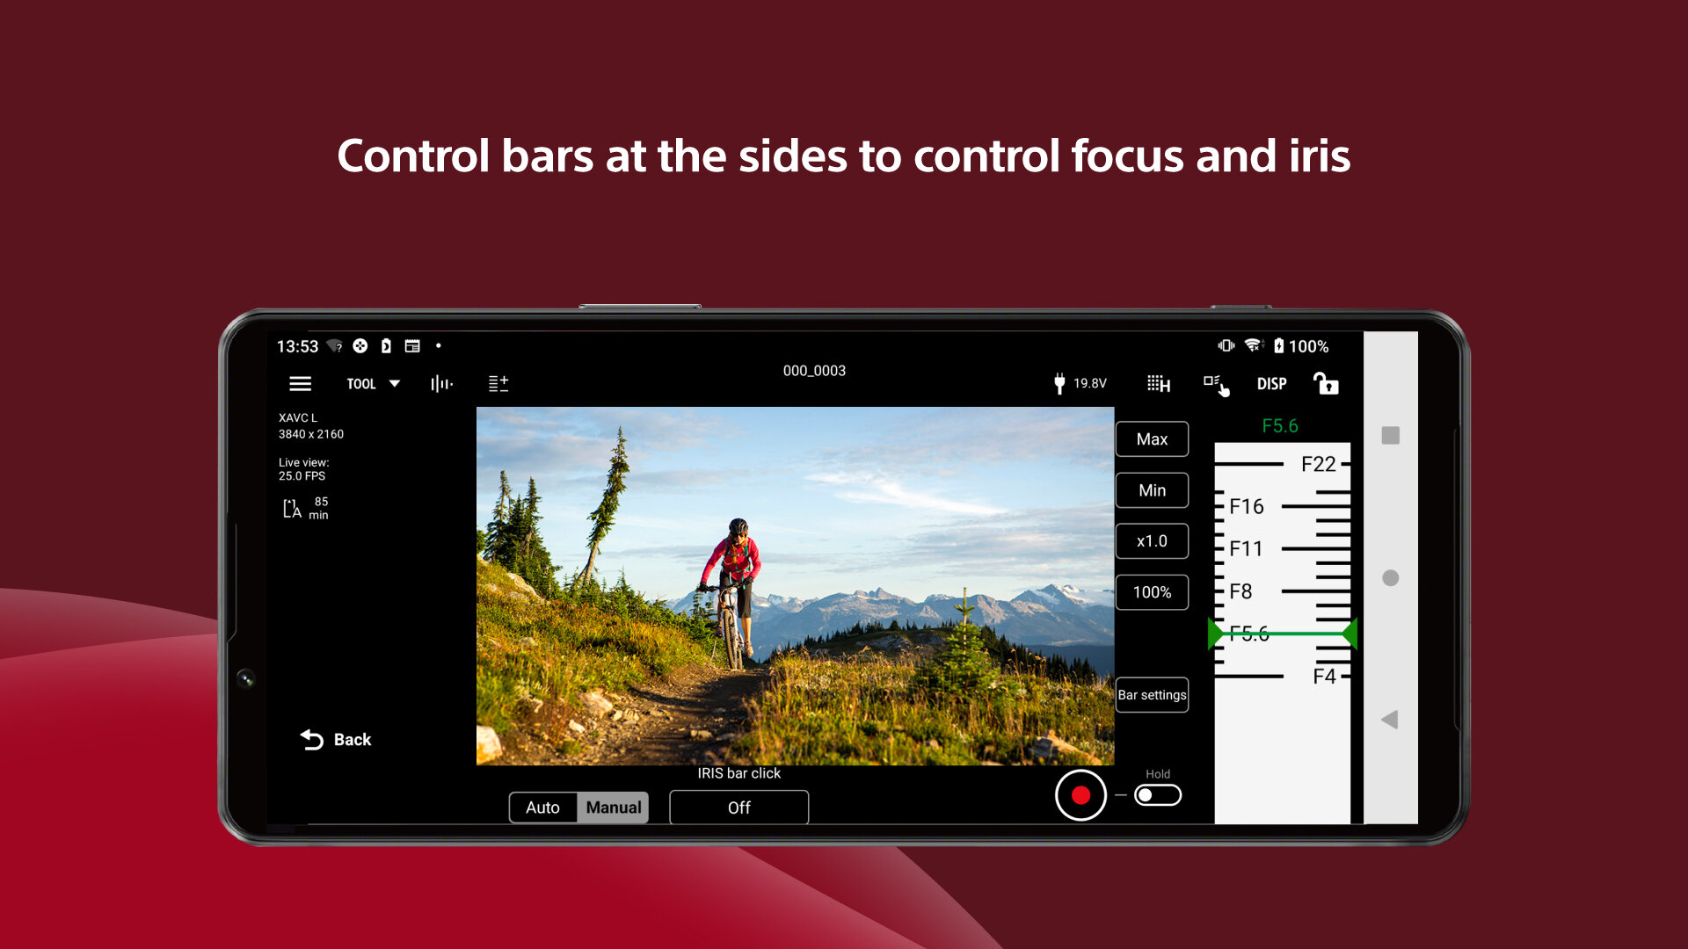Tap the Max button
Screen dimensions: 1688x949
(1152, 439)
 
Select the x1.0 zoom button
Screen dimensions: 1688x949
(1152, 541)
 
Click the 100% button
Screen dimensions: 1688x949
(1152, 592)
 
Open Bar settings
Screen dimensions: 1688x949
(1152, 695)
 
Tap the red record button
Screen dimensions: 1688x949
(1080, 795)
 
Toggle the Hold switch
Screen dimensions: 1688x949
(1157, 795)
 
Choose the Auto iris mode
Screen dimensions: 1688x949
(542, 808)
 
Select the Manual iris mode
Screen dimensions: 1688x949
(613, 808)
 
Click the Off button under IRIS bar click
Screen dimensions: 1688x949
(738, 808)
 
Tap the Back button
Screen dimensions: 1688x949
(336, 740)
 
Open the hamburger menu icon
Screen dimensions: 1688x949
(301, 384)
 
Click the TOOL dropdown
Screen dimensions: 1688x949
(373, 384)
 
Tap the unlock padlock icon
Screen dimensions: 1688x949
(1325, 384)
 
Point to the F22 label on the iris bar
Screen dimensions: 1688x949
(1318, 464)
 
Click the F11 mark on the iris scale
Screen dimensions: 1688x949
(1246, 549)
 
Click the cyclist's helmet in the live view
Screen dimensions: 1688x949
(738, 525)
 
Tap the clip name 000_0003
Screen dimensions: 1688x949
(814, 371)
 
